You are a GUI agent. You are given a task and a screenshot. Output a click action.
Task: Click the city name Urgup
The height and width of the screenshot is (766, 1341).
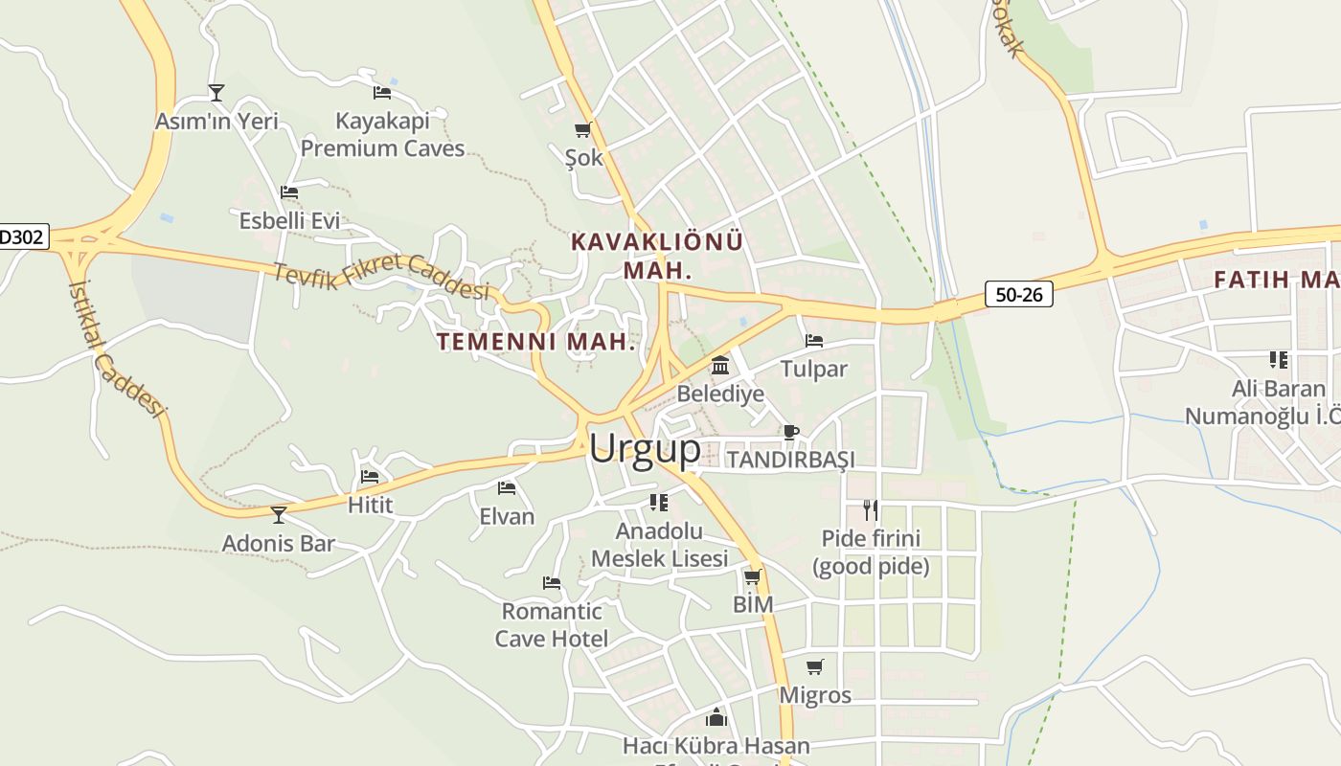pos(645,448)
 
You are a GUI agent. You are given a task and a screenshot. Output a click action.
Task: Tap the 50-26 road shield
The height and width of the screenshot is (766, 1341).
pos(1018,294)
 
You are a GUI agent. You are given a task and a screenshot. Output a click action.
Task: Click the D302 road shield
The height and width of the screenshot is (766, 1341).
pos(21,237)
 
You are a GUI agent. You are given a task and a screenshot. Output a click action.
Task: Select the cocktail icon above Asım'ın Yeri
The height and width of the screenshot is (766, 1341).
pos(216,93)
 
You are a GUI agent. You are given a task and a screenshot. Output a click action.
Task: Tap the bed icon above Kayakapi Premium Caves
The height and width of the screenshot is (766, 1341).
pos(382,93)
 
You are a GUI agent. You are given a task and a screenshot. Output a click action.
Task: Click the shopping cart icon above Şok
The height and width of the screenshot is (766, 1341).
pos(582,129)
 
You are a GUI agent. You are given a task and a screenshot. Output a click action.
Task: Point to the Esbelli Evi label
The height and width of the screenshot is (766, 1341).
pos(289,220)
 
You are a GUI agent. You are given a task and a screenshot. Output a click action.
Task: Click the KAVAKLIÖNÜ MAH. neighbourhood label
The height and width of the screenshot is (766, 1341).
pos(656,256)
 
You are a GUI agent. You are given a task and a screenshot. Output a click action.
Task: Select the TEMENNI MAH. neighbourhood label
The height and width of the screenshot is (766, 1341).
pos(536,342)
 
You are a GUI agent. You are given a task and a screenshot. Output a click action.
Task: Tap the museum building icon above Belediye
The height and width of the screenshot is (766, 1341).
pos(720,365)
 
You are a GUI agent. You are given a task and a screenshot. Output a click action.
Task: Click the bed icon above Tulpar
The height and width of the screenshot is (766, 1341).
pos(814,341)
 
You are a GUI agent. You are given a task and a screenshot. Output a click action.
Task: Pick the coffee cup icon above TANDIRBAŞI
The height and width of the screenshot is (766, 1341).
pos(791,432)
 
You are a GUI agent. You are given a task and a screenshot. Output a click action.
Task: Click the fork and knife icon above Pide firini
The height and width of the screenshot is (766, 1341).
pos(870,509)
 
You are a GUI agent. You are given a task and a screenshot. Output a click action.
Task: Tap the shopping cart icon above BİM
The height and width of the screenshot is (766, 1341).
pos(753,576)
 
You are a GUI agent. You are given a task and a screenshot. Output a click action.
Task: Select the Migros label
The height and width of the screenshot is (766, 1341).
pos(815,695)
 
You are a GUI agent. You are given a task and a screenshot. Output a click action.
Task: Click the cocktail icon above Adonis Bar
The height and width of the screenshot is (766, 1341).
pos(279,515)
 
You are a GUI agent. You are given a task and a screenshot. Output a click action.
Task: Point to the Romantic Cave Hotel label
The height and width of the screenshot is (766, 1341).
pos(552,624)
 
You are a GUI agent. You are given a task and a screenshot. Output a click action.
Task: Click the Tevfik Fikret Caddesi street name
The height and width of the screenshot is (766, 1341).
pos(381,277)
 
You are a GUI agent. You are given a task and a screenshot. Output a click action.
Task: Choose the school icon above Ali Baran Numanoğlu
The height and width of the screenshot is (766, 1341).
pos(1278,360)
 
